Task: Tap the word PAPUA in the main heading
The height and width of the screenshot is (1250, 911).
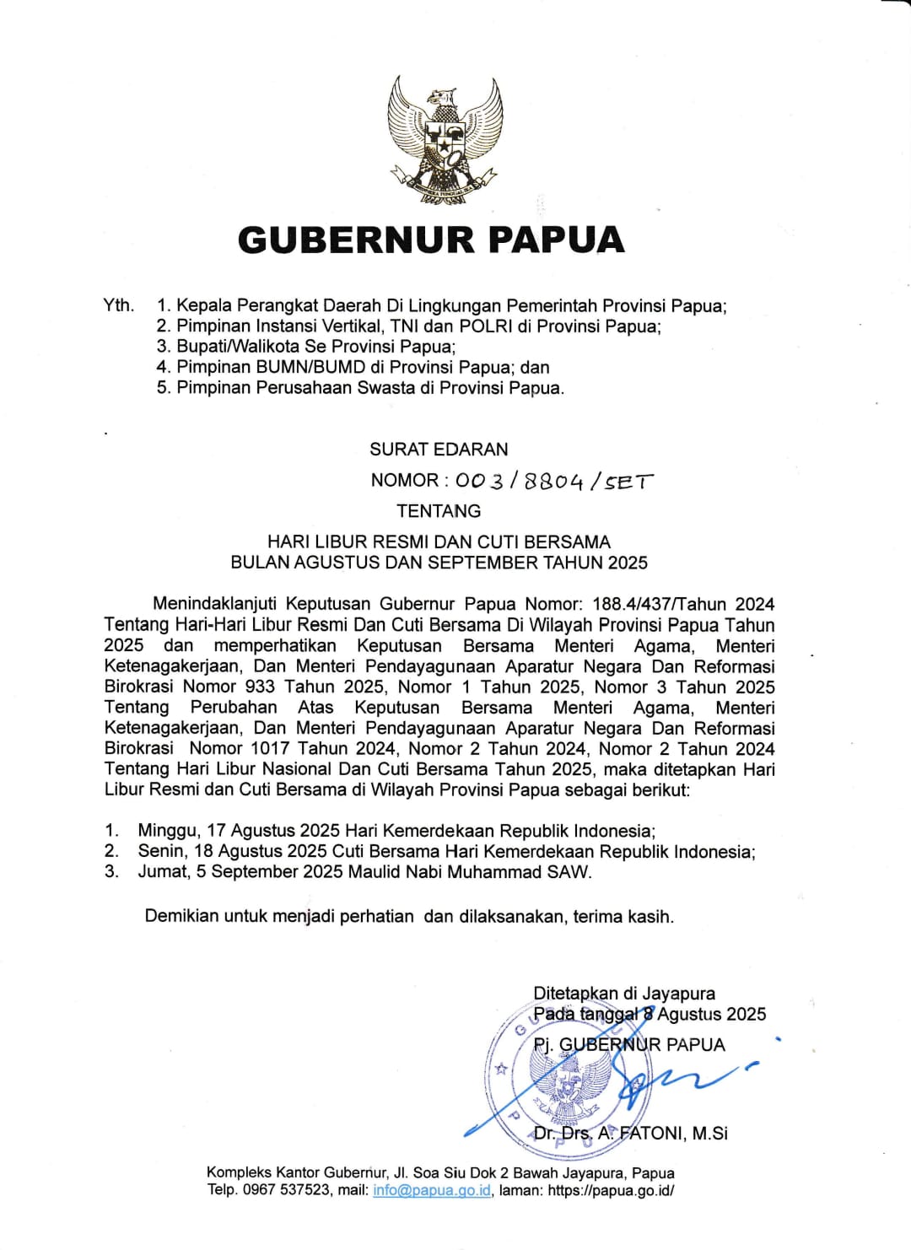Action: pyautogui.click(x=557, y=240)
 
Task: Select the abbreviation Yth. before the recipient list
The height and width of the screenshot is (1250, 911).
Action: pyautogui.click(x=119, y=305)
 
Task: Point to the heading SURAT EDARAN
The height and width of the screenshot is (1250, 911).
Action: pyautogui.click(x=439, y=450)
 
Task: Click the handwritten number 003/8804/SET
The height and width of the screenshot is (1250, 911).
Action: pyautogui.click(x=553, y=481)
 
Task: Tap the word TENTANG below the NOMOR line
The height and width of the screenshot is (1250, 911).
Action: pyautogui.click(x=439, y=511)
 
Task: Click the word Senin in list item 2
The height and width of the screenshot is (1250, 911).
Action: pyautogui.click(x=164, y=852)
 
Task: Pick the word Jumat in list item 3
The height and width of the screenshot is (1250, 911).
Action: pyautogui.click(x=164, y=872)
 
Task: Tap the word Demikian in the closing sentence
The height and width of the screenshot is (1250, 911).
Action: pyautogui.click(x=181, y=917)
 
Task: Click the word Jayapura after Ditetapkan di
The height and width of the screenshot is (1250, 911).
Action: pyautogui.click(x=678, y=994)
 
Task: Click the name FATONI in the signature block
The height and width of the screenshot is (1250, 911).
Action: pyautogui.click(x=652, y=1134)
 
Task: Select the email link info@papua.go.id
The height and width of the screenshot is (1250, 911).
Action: pyautogui.click(x=432, y=1191)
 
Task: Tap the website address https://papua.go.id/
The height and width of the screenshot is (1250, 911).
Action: pyautogui.click(x=611, y=1191)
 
